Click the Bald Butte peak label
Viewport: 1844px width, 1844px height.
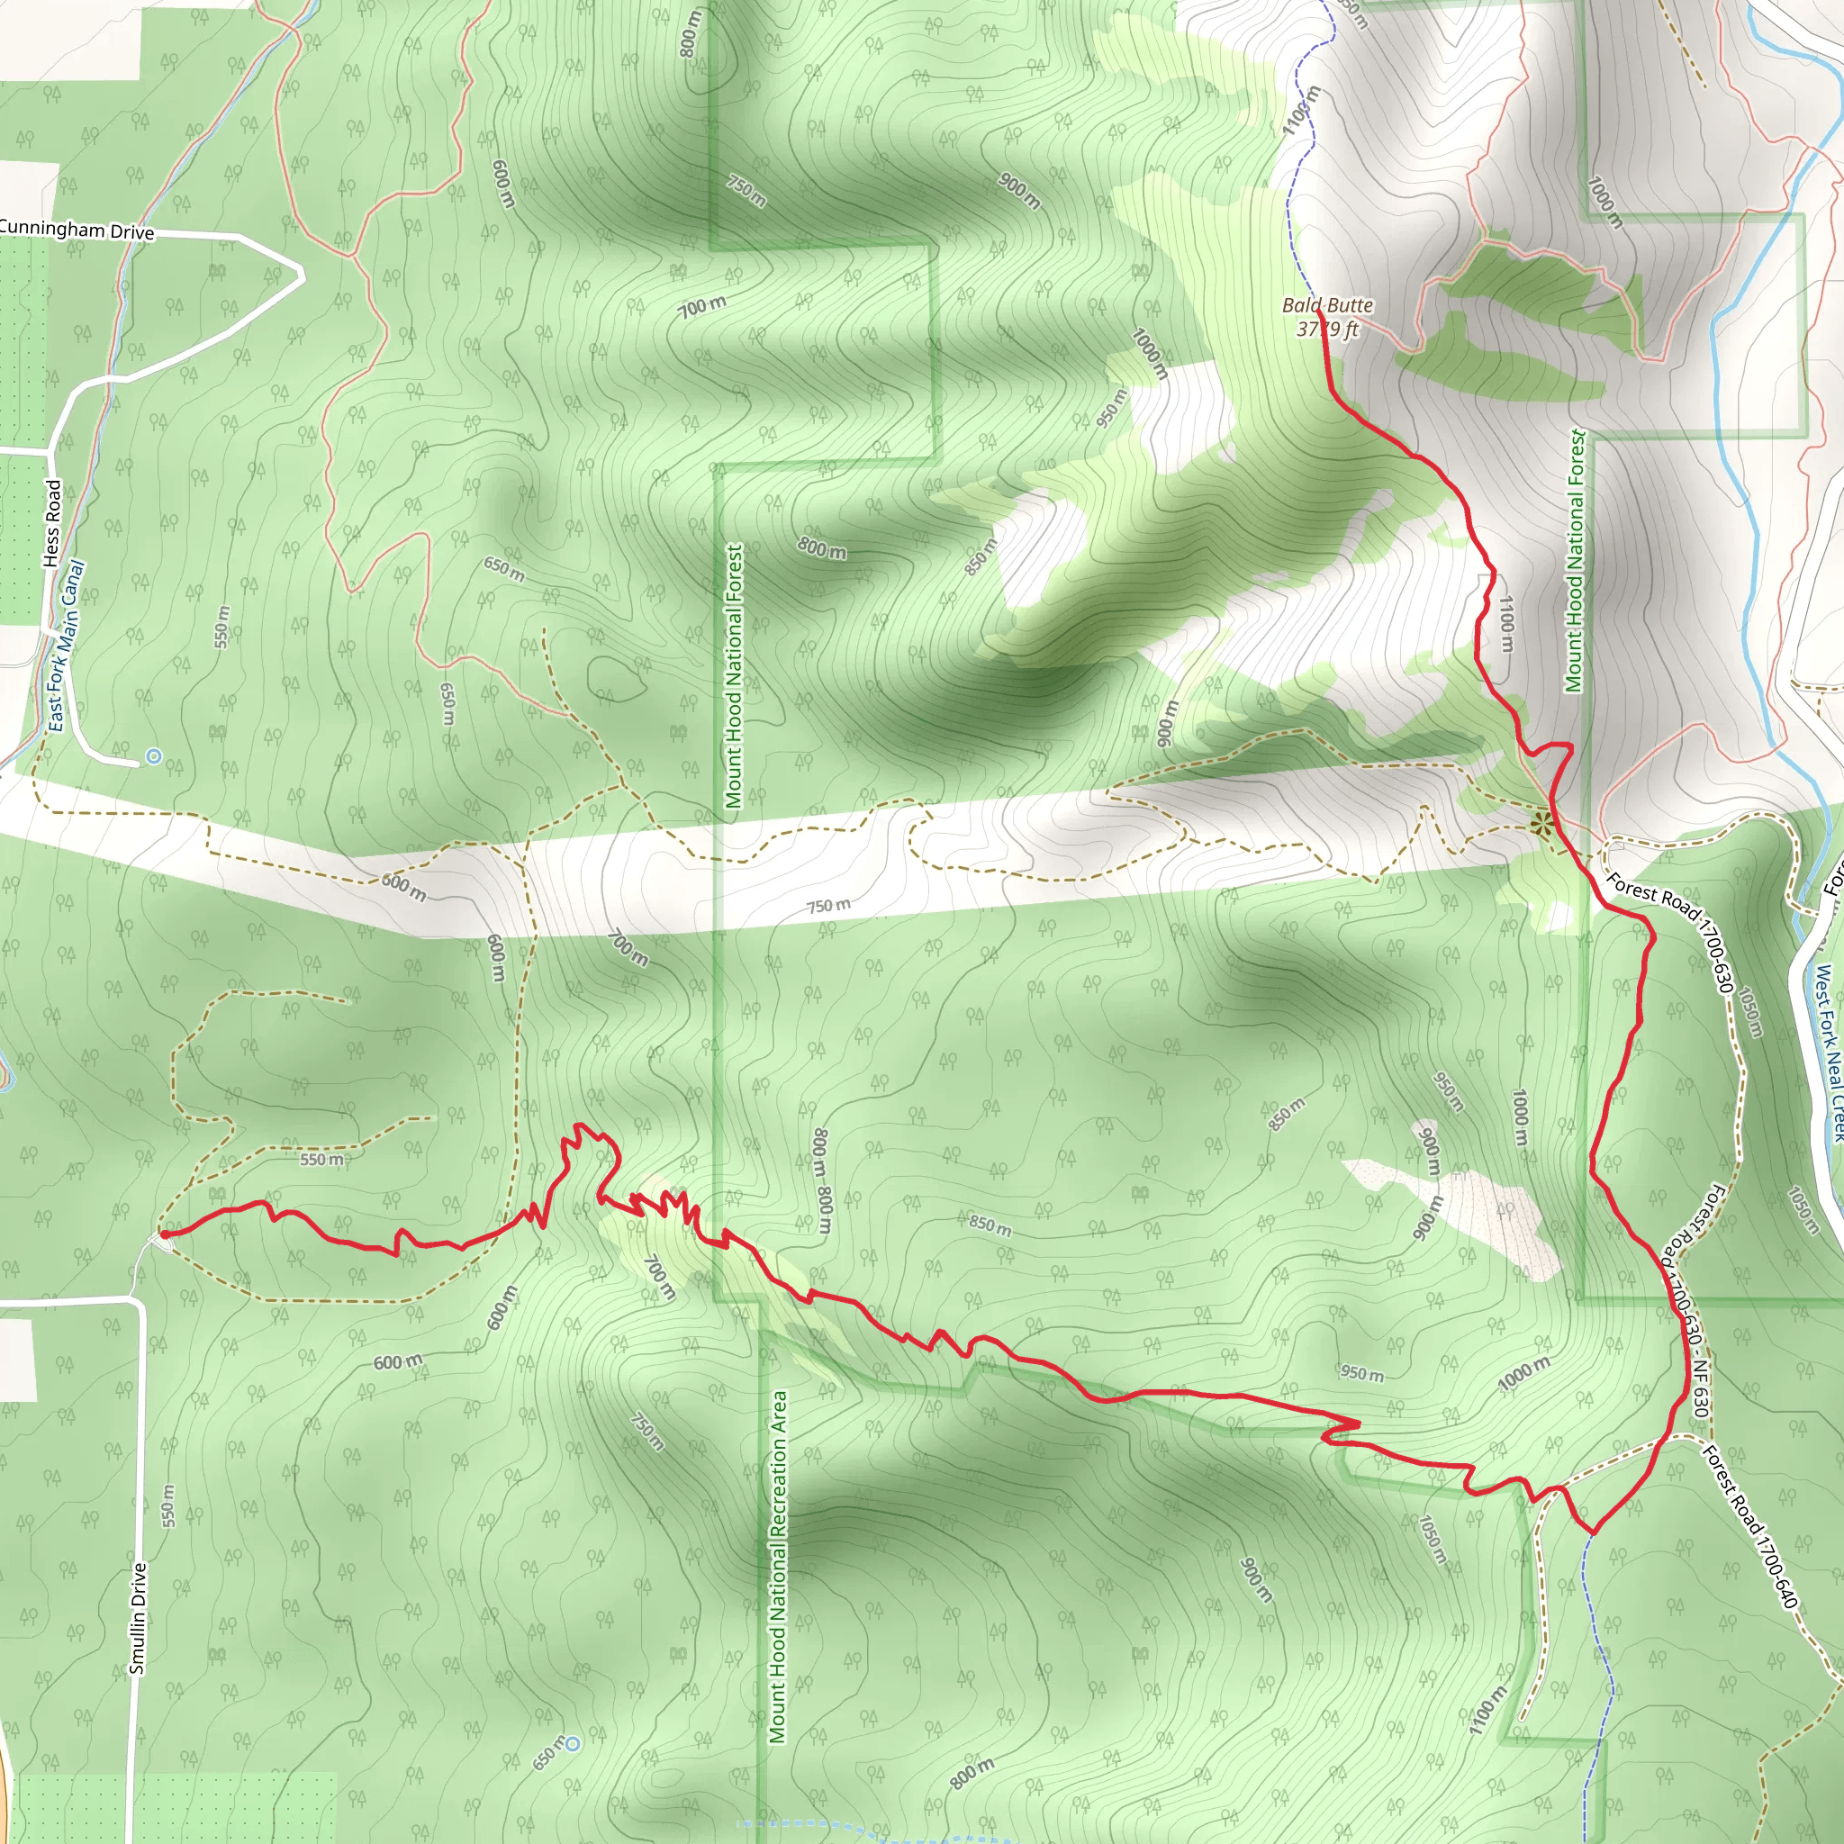(x=1326, y=305)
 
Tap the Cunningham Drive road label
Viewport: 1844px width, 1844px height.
(x=77, y=230)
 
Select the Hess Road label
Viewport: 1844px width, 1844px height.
(x=52, y=522)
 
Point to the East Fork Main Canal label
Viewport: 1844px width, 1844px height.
(x=66, y=646)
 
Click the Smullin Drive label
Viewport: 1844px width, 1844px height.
(x=139, y=1619)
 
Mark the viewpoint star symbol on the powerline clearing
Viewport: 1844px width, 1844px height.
(x=1541, y=823)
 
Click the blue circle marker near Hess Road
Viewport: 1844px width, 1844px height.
(x=154, y=757)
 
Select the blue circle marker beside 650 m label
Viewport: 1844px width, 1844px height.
(x=572, y=1744)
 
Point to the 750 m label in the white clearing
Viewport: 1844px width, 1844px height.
(x=828, y=905)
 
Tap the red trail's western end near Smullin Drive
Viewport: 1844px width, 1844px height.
(x=164, y=1234)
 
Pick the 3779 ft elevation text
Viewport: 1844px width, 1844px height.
(x=1326, y=330)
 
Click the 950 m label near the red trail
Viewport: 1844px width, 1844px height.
(x=1362, y=1372)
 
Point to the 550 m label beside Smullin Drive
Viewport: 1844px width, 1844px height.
(x=168, y=1505)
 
